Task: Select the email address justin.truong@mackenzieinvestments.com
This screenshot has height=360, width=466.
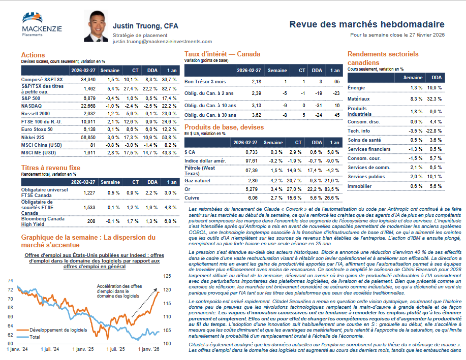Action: coord(162,42)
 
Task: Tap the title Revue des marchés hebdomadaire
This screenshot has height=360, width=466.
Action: coord(367,24)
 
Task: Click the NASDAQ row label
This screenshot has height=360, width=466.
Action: coord(31,105)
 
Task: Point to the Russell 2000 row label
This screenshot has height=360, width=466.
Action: coord(36,113)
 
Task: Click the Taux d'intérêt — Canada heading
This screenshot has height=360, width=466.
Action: coord(222,54)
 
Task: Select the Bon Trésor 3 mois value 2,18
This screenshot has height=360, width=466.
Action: coord(257,81)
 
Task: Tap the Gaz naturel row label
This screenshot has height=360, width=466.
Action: coord(197,180)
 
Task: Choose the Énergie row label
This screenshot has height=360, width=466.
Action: coord(356,88)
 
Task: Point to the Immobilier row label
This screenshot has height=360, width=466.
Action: coord(360,186)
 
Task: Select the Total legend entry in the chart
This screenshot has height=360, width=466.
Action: coord(35,337)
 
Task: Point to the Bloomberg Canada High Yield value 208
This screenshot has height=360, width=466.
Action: coord(89,221)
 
